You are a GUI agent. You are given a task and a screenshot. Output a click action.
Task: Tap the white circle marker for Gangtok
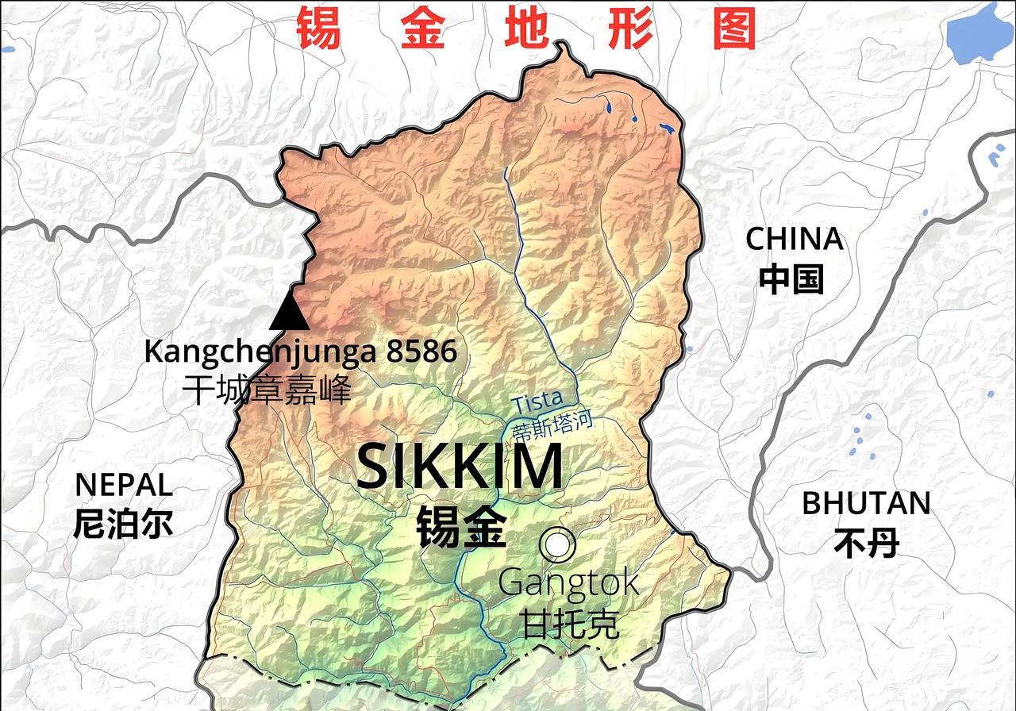click(x=557, y=544)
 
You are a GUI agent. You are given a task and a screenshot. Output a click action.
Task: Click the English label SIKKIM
click(x=460, y=468)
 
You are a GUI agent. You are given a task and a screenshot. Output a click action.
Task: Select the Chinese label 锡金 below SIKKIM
click(x=461, y=526)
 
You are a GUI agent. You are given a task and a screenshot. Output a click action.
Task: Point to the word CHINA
click(x=794, y=239)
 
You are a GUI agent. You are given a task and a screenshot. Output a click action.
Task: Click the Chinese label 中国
click(x=791, y=279)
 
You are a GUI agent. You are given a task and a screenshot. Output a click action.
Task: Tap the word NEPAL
click(x=123, y=484)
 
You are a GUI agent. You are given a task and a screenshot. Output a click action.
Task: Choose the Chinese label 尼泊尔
click(x=123, y=524)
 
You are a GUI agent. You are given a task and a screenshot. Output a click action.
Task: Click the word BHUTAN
click(x=866, y=503)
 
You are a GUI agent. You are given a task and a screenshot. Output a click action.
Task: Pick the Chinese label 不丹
click(x=866, y=544)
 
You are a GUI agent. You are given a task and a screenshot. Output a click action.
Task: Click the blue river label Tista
click(x=537, y=402)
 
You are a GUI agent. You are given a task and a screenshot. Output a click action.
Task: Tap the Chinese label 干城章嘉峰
click(x=266, y=390)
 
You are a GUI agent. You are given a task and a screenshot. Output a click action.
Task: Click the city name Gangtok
click(x=568, y=583)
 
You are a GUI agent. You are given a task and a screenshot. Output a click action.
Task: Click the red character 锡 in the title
click(x=319, y=29)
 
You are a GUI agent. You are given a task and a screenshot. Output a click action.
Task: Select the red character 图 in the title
click(x=734, y=29)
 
